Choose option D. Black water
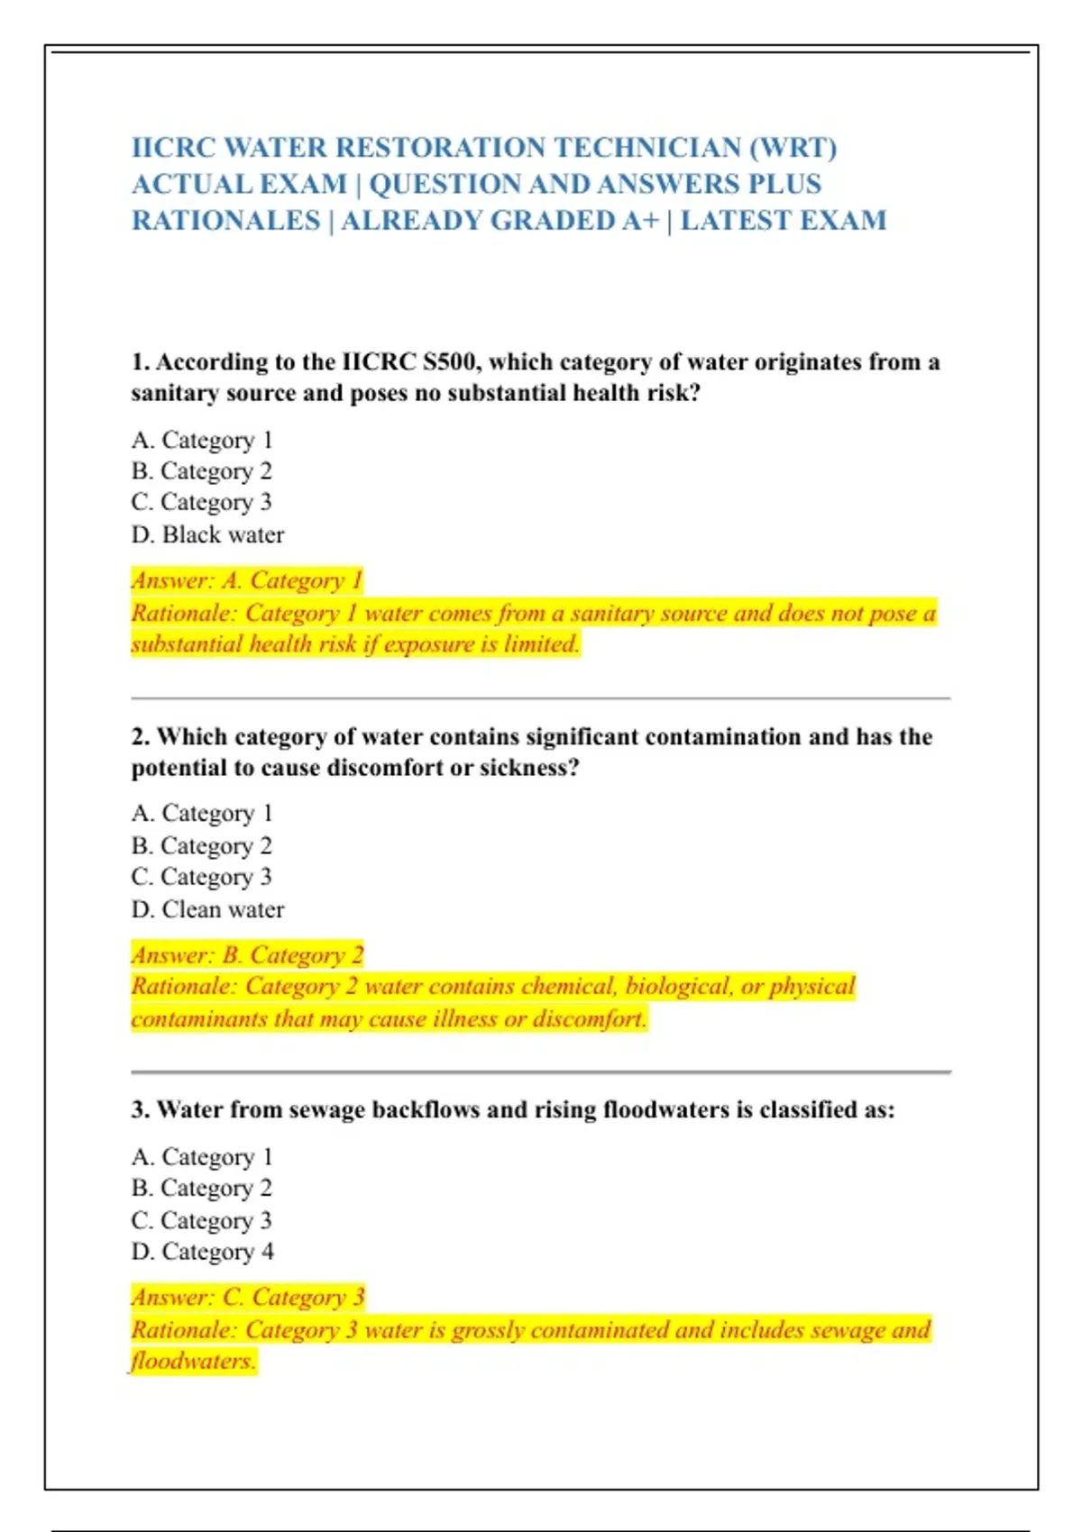click(x=207, y=534)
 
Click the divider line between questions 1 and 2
click(x=541, y=698)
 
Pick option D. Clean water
click(x=207, y=909)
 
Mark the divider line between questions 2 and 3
click(x=541, y=1072)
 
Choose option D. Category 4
click(x=203, y=1252)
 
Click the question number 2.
click(x=140, y=737)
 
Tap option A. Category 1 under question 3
click(x=202, y=1157)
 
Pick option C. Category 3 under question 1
click(x=202, y=502)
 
